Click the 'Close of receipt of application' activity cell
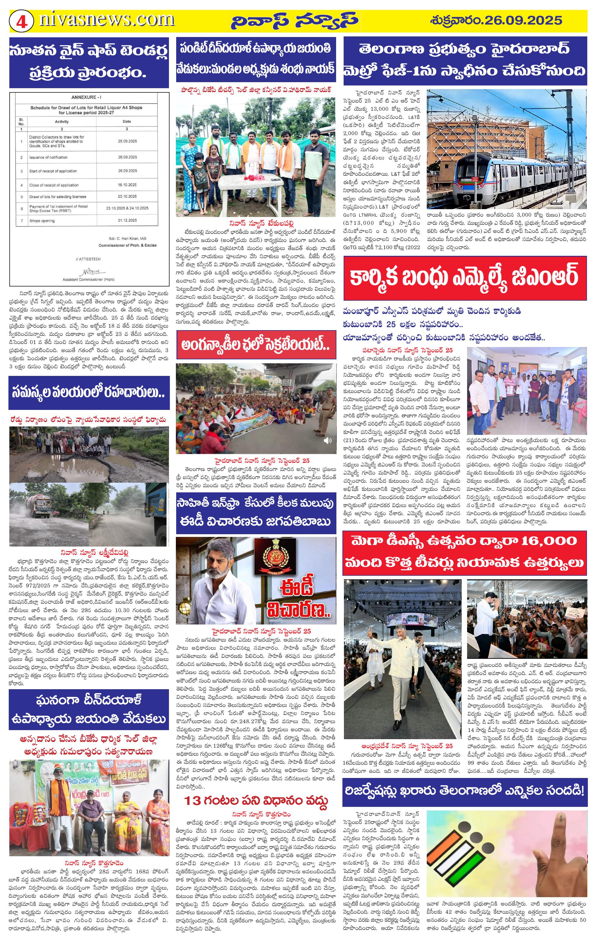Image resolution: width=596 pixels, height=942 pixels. coord(54,185)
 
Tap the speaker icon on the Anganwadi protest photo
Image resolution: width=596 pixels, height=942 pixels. coord(328,440)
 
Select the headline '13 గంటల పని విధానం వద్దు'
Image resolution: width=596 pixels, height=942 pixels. coord(256,789)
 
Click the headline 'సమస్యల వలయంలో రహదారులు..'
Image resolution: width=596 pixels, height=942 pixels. coord(89,393)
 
